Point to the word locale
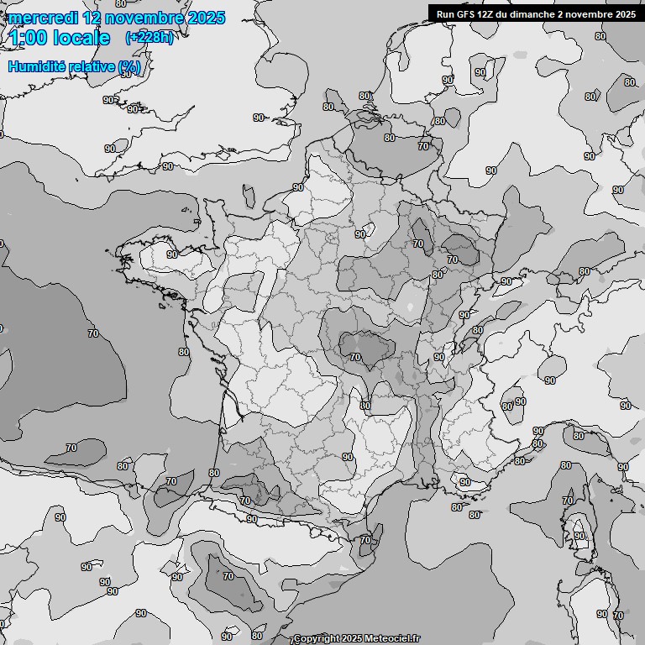[x=83, y=39]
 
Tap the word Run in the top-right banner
[x=446, y=14]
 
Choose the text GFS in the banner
[x=466, y=14]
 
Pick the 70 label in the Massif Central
[x=355, y=357]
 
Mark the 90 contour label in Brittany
[x=171, y=254]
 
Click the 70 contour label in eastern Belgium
[x=423, y=146]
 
